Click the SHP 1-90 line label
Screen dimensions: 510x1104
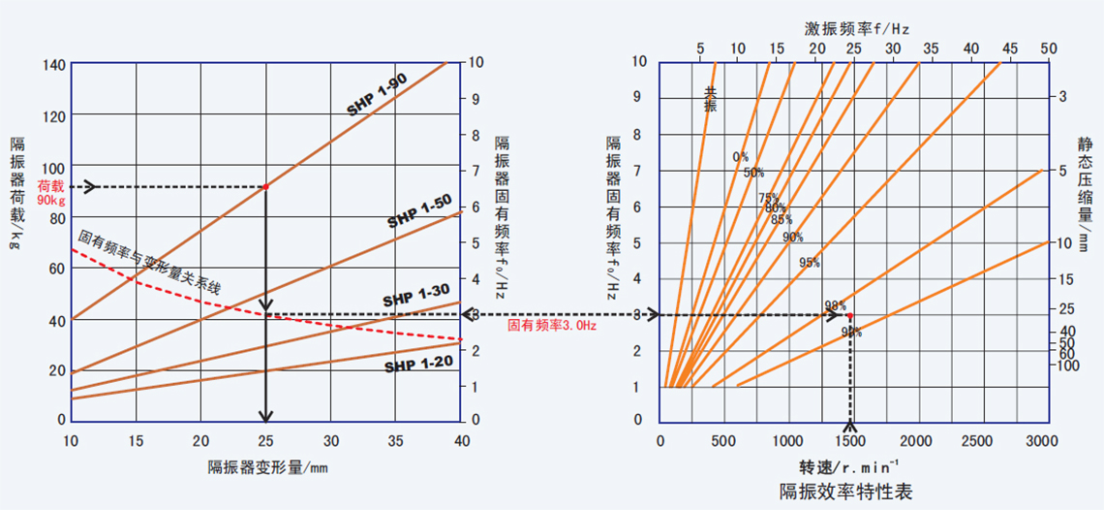click(x=377, y=96)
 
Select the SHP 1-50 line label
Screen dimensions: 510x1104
click(x=419, y=211)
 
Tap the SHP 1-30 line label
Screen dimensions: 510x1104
click(x=416, y=293)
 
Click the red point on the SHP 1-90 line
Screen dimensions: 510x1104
click(x=265, y=186)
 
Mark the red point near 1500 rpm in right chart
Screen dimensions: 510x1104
click(x=850, y=315)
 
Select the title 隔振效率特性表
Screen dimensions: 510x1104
click(x=845, y=491)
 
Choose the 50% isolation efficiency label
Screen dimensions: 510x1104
click(x=753, y=173)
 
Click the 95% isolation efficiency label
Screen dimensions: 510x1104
click(x=810, y=263)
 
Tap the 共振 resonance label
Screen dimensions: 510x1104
click(x=711, y=99)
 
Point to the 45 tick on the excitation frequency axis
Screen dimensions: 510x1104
click(x=1010, y=48)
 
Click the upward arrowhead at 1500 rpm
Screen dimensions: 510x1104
click(x=850, y=426)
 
